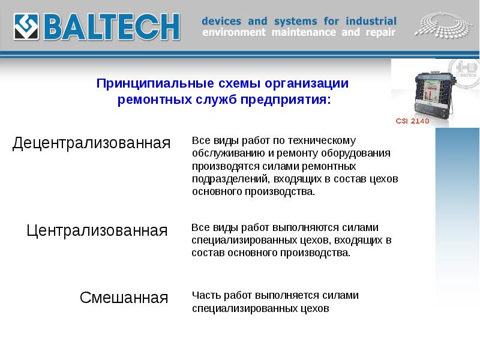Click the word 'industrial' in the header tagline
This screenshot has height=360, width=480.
[x=367, y=21]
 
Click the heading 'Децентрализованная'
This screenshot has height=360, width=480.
[x=92, y=143]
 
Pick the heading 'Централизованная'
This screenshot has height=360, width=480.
[x=97, y=230]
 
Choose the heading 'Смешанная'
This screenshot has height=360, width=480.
[x=124, y=297]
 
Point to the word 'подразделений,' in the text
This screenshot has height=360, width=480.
[x=230, y=179]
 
